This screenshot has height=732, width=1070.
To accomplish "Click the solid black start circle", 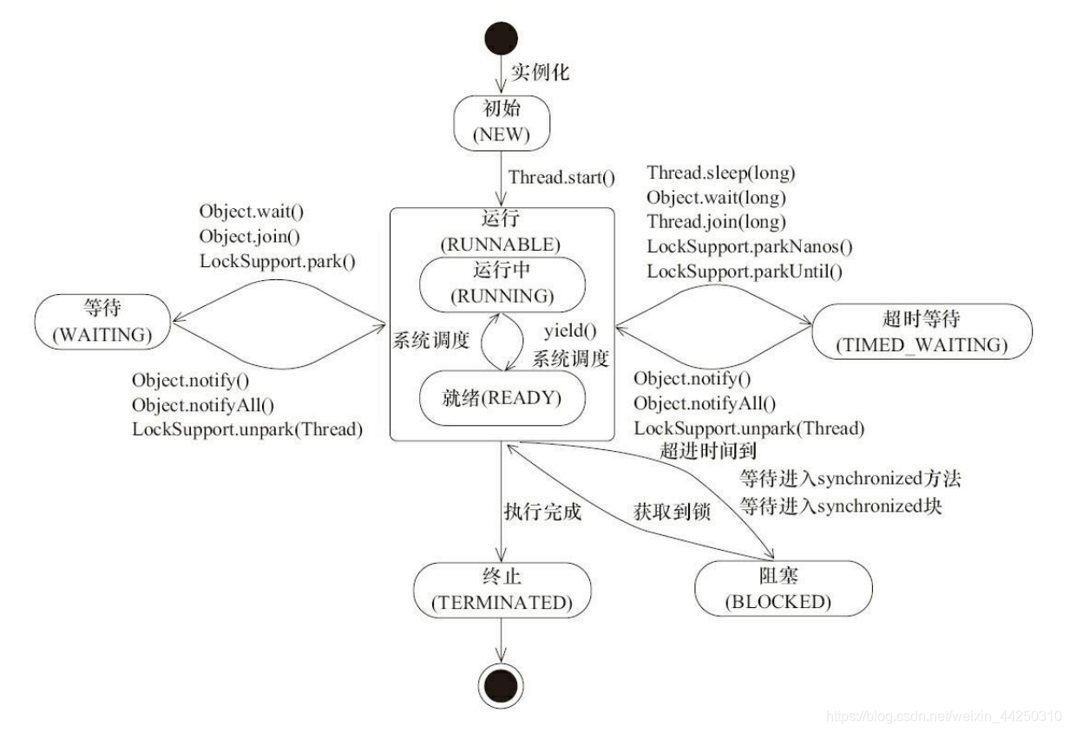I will [x=502, y=38].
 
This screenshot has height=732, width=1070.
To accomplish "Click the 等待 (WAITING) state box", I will [x=102, y=321].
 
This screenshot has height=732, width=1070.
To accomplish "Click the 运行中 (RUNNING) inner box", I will [x=502, y=282].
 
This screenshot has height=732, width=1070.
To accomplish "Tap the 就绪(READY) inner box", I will [x=502, y=399].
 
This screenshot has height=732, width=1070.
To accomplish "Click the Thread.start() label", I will [x=561, y=178].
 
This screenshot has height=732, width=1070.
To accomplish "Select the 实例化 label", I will [x=539, y=72].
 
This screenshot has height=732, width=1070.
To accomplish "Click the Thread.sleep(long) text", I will [x=720, y=173].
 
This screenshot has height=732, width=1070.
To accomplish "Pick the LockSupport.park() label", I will [x=278, y=260].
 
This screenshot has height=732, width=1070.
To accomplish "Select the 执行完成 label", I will [x=542, y=512].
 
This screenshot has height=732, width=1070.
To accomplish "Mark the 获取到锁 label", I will [x=673, y=512].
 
